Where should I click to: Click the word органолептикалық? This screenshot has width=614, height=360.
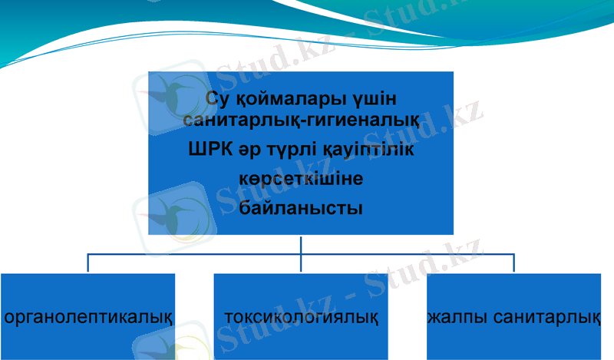click(x=87, y=316)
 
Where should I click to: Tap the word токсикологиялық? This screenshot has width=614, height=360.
click(x=301, y=316)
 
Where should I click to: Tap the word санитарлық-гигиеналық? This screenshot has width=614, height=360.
click(x=301, y=121)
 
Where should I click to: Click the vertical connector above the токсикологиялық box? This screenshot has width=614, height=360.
click(x=301, y=263)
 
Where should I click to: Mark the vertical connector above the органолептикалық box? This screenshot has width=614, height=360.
click(x=87, y=263)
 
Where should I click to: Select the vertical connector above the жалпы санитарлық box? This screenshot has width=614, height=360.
click(x=513, y=263)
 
